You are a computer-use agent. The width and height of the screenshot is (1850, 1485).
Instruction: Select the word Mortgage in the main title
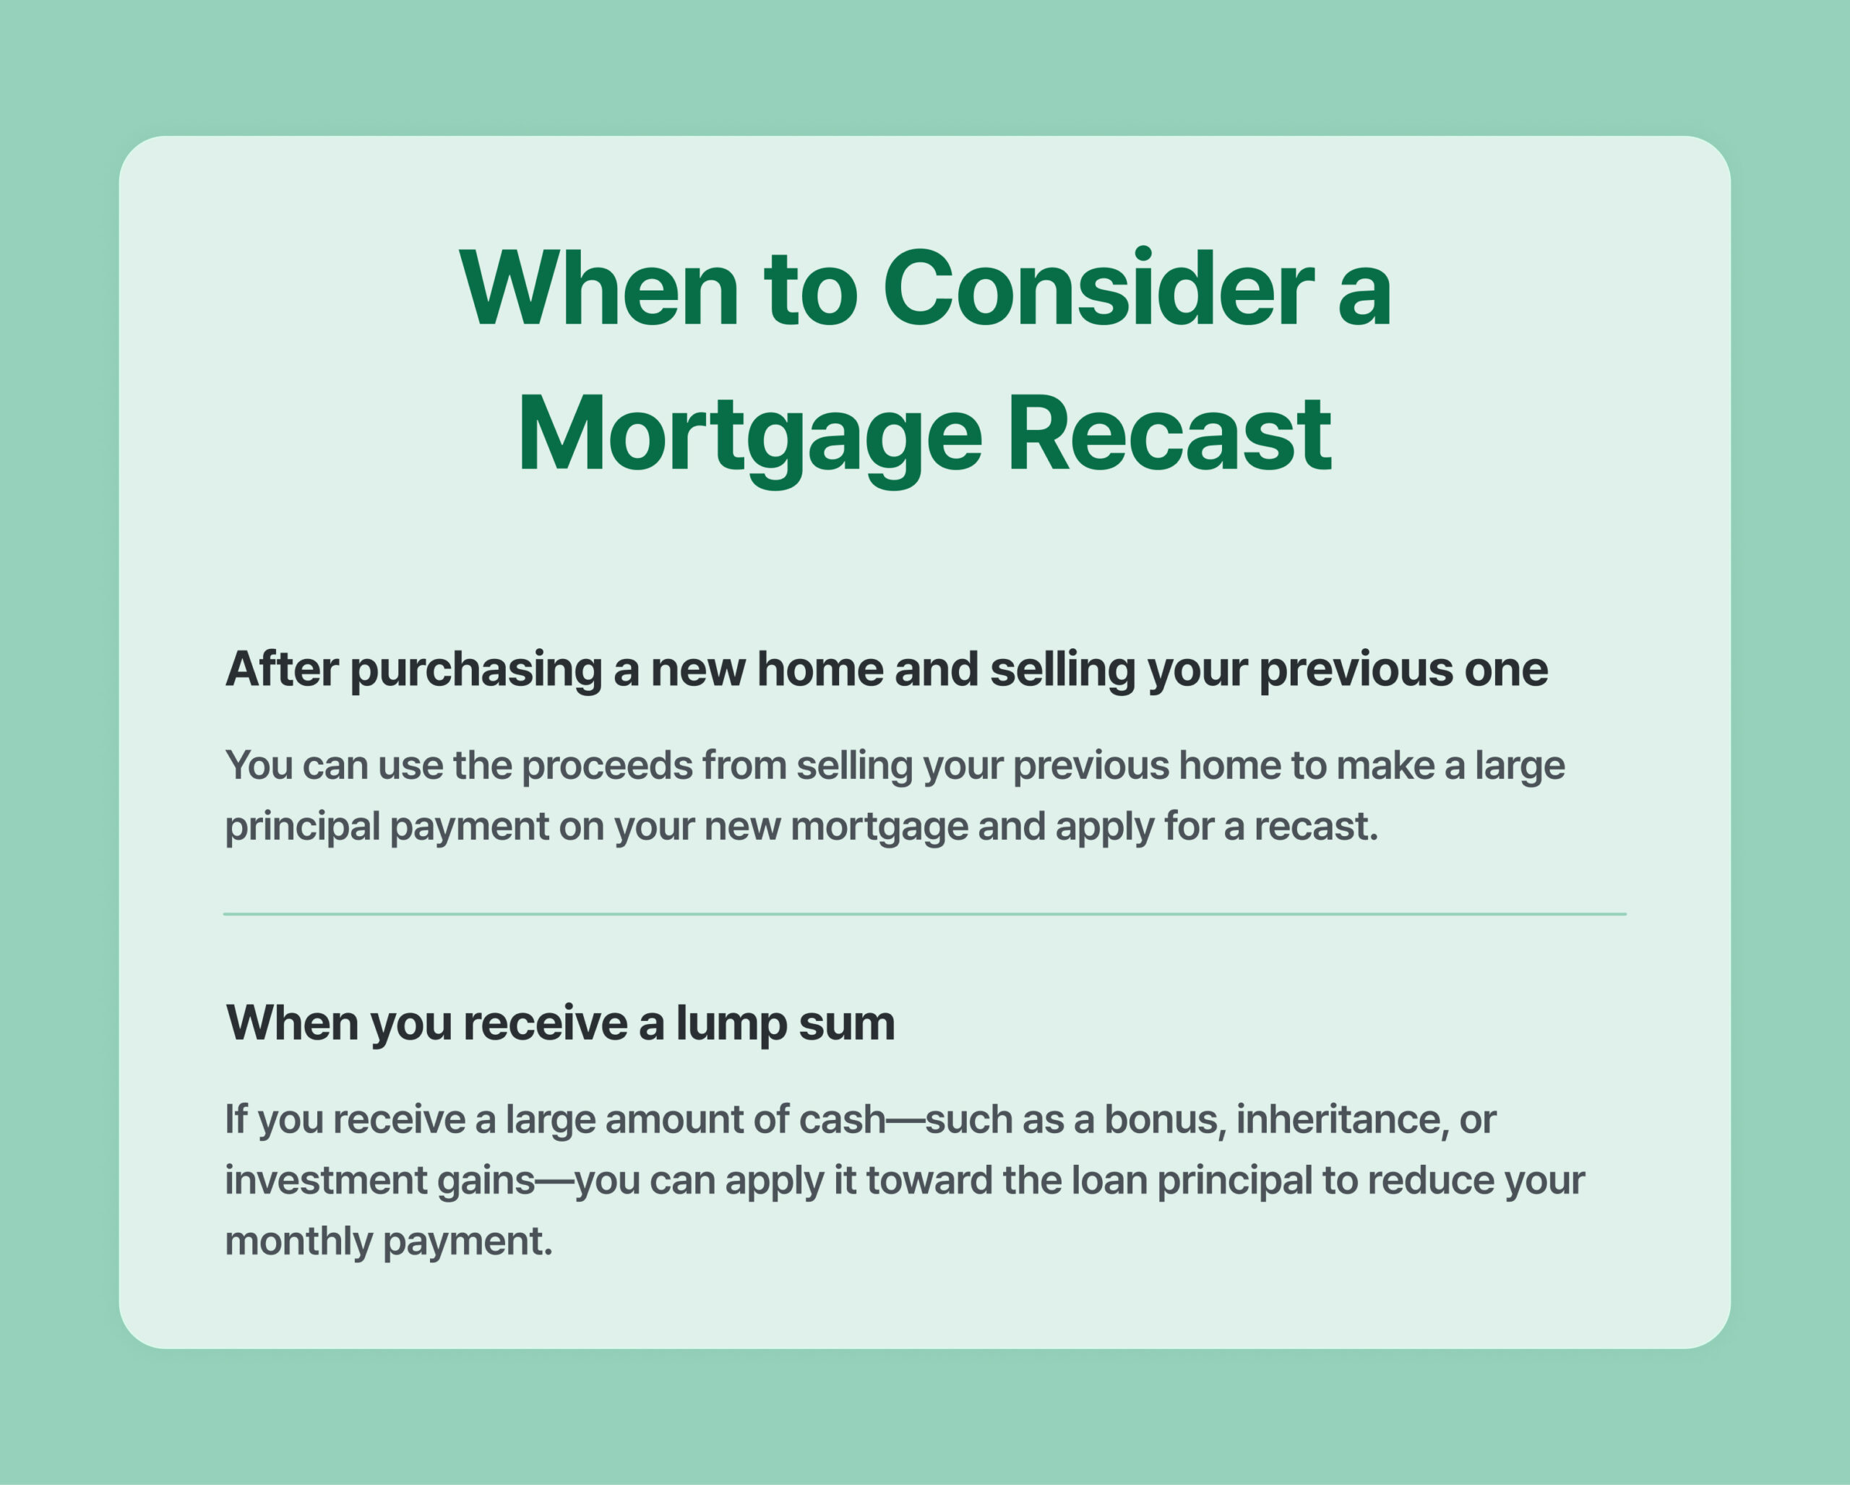coord(750,440)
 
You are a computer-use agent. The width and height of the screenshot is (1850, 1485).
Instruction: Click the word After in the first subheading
coord(281,670)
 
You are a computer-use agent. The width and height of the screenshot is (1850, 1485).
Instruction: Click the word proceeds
coord(608,766)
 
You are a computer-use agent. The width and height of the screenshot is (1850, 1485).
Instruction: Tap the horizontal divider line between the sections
coord(924,915)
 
